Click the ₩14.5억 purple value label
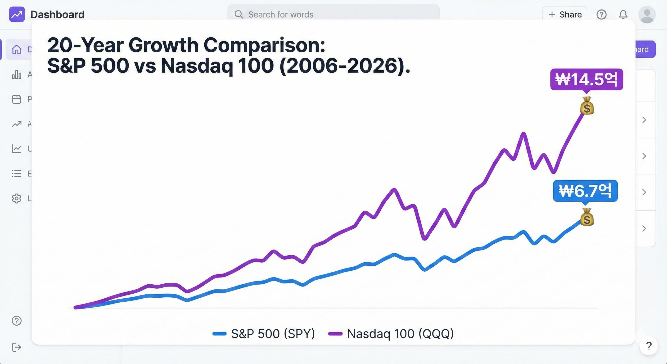click(586, 79)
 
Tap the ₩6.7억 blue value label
click(585, 191)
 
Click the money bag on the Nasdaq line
click(587, 106)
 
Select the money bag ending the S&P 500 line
click(587, 217)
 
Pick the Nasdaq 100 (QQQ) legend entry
click(391, 334)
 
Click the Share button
click(565, 14)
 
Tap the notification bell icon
click(623, 14)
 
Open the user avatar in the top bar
click(647, 14)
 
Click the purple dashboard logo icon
click(17, 14)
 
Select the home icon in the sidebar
click(17, 49)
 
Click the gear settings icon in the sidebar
click(17, 198)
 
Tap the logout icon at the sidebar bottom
click(17, 347)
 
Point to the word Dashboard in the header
click(58, 14)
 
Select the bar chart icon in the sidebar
click(17, 75)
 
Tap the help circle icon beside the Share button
click(601, 14)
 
